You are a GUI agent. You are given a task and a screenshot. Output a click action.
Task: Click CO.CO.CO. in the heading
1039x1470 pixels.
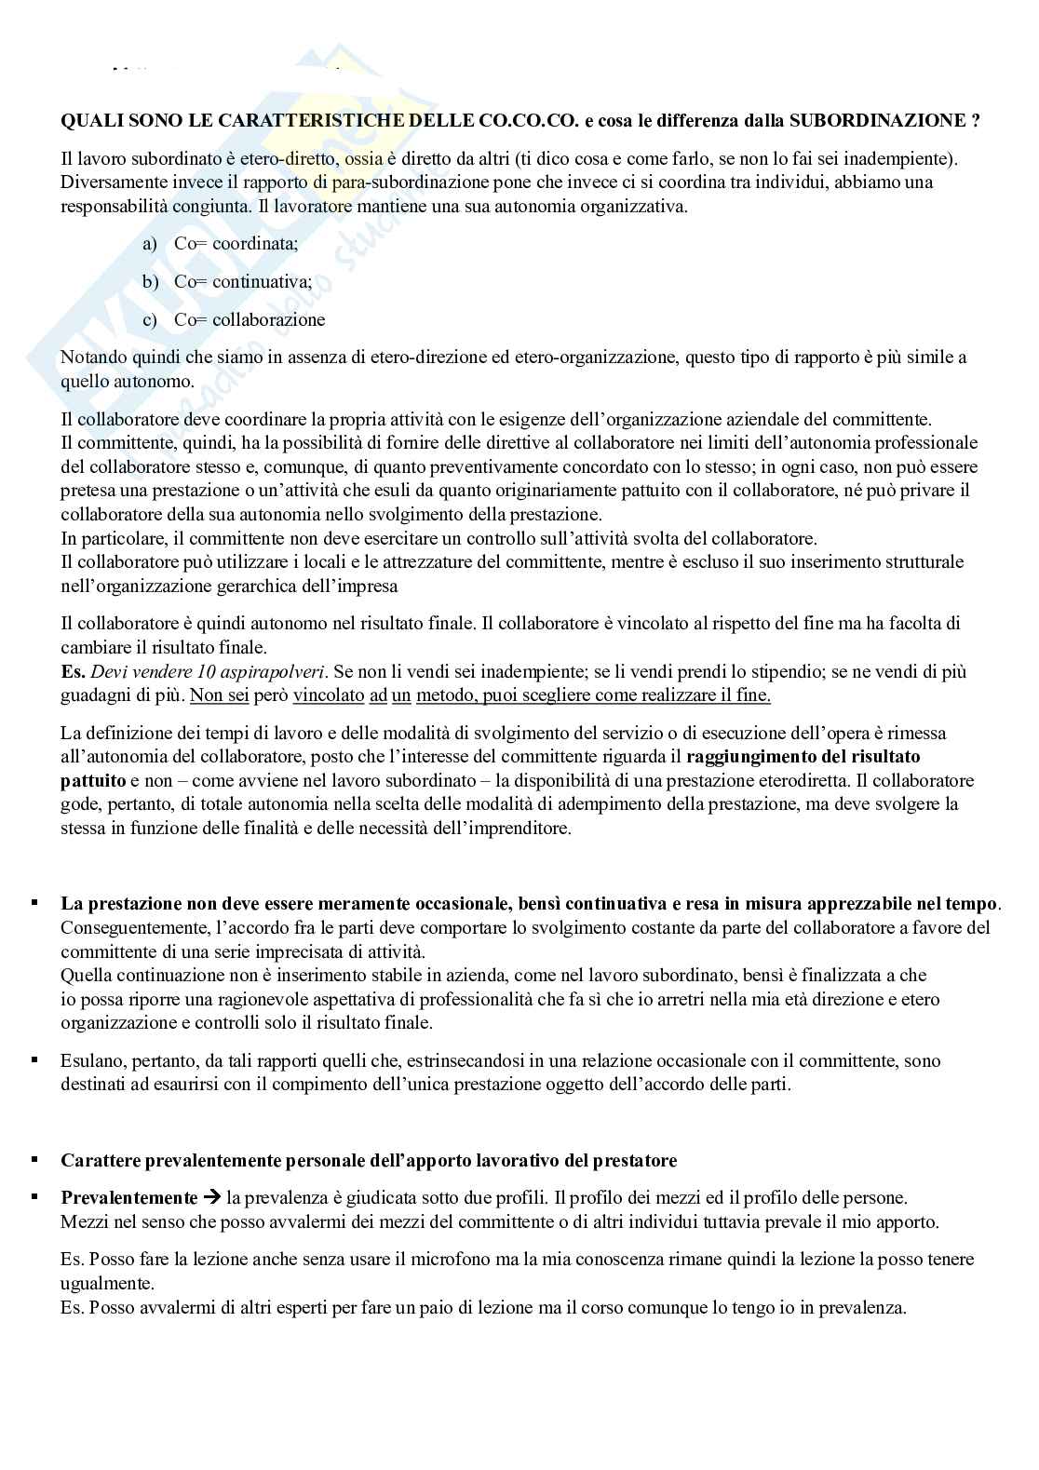[524, 120]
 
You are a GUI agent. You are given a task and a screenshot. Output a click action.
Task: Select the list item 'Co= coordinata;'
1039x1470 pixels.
[236, 244]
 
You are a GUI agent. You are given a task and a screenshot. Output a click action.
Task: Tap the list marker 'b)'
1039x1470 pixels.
[151, 282]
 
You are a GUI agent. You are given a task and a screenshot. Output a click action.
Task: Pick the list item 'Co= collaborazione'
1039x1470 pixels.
[250, 320]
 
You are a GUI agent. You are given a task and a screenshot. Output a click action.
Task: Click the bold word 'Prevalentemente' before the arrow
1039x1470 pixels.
[129, 1198]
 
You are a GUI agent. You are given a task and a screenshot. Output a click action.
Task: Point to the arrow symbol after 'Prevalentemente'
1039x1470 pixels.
[212, 1198]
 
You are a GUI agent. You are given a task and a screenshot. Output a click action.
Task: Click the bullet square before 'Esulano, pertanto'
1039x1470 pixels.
[35, 1059]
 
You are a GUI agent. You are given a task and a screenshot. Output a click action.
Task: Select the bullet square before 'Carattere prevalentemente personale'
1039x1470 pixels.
[35, 1160]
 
